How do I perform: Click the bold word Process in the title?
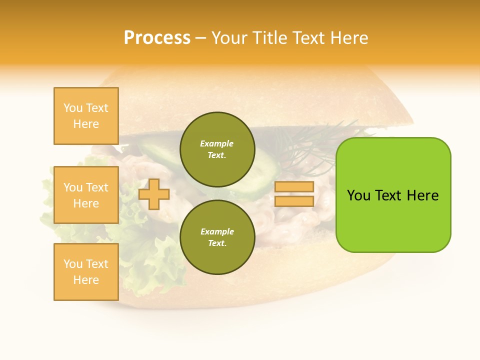[x=157, y=38]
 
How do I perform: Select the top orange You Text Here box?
[x=86, y=116]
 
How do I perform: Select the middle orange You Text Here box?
[x=86, y=195]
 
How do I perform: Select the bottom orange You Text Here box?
[x=86, y=272]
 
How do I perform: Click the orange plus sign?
[x=153, y=194]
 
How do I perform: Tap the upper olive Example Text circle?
[x=217, y=149]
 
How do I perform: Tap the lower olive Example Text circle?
[x=217, y=237]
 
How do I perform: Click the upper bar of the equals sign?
[x=294, y=187]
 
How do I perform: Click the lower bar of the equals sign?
[x=294, y=201]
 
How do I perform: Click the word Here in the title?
[x=350, y=38]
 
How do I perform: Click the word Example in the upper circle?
[x=217, y=143]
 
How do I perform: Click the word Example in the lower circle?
[x=217, y=231]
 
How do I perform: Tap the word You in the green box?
[x=359, y=195]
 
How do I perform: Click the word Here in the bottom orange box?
[x=86, y=280]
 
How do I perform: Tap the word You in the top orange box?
[x=72, y=108]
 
